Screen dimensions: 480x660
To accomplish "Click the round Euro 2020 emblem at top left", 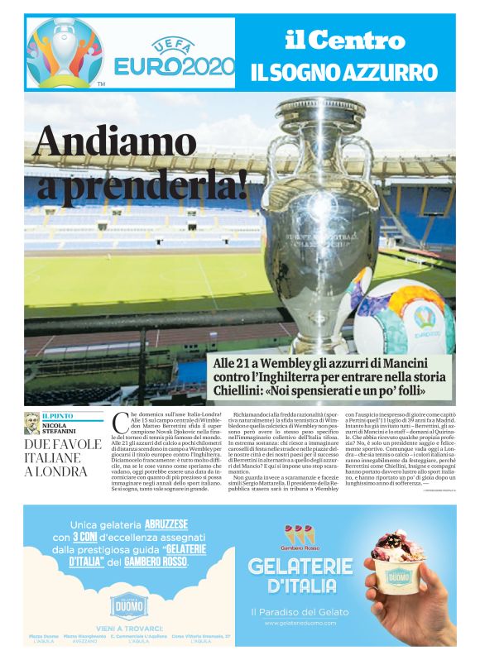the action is click(65, 52).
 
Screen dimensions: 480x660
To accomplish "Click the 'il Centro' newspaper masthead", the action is click(345, 39).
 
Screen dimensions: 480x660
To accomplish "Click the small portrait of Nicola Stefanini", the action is click(31, 422).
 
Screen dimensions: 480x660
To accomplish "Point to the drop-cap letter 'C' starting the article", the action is click(118, 423).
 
